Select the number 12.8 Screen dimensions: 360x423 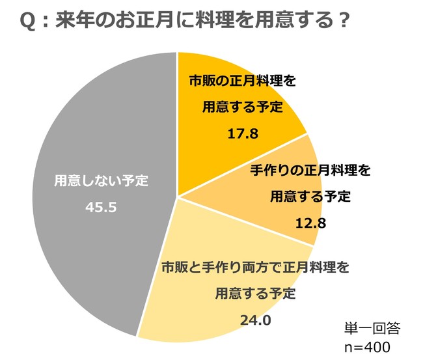(310, 223)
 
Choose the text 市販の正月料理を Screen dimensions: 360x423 (243, 83)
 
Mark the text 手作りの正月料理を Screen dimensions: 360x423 (310, 171)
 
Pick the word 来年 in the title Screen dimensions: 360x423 (73, 21)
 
